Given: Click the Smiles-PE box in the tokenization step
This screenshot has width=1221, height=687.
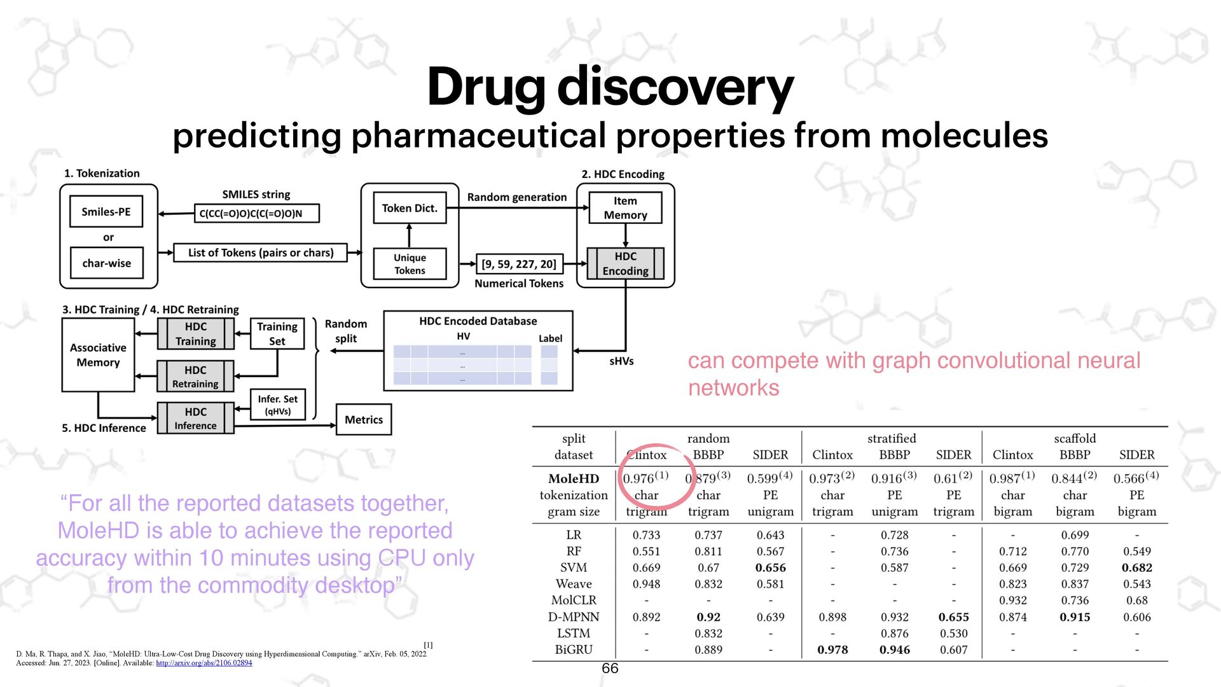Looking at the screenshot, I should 106,212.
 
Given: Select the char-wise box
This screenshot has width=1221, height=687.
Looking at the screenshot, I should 106,263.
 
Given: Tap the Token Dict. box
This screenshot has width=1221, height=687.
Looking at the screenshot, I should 410,208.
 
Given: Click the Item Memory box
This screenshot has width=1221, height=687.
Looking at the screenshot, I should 625,208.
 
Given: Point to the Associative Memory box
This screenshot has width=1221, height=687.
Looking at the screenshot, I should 98,355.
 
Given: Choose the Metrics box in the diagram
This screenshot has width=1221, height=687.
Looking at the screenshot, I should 363,420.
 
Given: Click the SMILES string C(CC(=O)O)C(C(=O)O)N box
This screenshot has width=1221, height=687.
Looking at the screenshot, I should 256,214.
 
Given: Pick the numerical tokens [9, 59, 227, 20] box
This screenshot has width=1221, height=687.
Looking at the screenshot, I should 518,264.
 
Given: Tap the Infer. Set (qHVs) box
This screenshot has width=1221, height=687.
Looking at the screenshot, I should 277,405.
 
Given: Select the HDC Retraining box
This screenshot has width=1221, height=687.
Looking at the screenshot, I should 195,377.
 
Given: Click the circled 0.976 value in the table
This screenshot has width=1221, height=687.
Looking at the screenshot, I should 645,478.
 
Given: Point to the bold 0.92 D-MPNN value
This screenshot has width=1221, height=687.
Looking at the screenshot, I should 708,617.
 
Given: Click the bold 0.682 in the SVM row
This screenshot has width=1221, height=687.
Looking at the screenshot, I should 1136,567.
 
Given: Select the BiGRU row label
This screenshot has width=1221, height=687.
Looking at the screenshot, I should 573,649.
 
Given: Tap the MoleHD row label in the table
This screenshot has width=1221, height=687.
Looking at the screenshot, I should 573,478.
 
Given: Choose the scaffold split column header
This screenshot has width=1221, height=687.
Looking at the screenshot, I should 1075,438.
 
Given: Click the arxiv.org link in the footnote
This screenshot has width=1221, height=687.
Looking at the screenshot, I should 203,663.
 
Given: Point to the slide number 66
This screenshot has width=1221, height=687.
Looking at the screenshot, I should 610,668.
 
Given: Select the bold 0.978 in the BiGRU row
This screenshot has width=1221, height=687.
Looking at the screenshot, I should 832,649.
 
